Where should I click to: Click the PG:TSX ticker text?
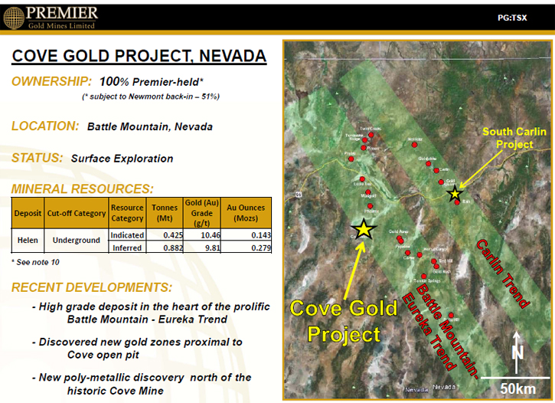click(x=513, y=16)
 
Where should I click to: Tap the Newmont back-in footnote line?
click(x=151, y=97)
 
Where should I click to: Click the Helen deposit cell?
click(x=28, y=241)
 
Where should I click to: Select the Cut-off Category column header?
click(x=76, y=213)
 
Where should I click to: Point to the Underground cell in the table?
click(x=76, y=241)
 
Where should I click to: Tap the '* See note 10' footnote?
click(x=35, y=263)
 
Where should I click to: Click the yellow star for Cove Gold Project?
click(x=364, y=228)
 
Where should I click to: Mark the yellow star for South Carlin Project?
click(x=455, y=194)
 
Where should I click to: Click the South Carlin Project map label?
click(x=514, y=138)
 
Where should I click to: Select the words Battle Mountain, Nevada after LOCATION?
click(x=149, y=126)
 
